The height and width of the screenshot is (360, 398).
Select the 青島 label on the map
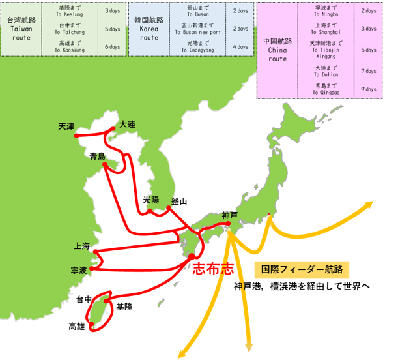(x=97, y=156)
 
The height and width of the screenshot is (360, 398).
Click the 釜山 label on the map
(x=178, y=202)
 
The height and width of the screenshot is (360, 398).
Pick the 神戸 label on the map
(x=230, y=215)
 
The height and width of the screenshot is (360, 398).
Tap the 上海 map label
(x=83, y=247)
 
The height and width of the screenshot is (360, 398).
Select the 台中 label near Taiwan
(x=83, y=300)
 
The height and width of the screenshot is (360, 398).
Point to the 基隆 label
(x=124, y=306)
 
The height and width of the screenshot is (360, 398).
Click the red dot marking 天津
(x=77, y=136)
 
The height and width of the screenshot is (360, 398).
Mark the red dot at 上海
(x=95, y=251)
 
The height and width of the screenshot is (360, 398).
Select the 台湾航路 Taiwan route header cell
(x=20, y=29)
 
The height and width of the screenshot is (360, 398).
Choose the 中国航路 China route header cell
(x=277, y=50)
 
